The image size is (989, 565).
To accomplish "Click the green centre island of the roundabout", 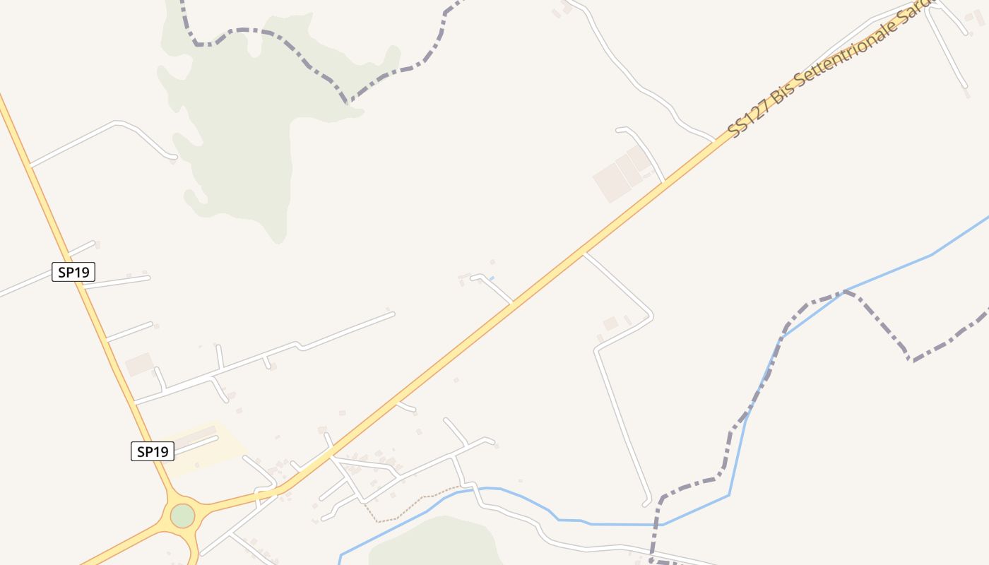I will coord(182,516).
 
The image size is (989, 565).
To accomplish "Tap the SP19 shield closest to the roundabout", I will coord(153,451).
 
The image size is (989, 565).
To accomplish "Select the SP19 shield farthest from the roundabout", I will coord(73,272).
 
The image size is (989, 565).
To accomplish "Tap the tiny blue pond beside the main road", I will coord(492,278).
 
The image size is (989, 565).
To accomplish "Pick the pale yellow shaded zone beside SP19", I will coord(205,448).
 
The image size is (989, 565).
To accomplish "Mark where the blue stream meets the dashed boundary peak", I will coord(844,291).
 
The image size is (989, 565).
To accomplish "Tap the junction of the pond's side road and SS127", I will coord(512,304).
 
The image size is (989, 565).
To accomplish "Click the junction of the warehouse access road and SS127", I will coord(664,182).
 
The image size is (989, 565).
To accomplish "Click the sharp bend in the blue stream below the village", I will coord(729,494).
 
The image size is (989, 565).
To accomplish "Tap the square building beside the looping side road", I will coord(610,323).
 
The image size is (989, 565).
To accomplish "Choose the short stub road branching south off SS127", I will coord(406,407).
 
